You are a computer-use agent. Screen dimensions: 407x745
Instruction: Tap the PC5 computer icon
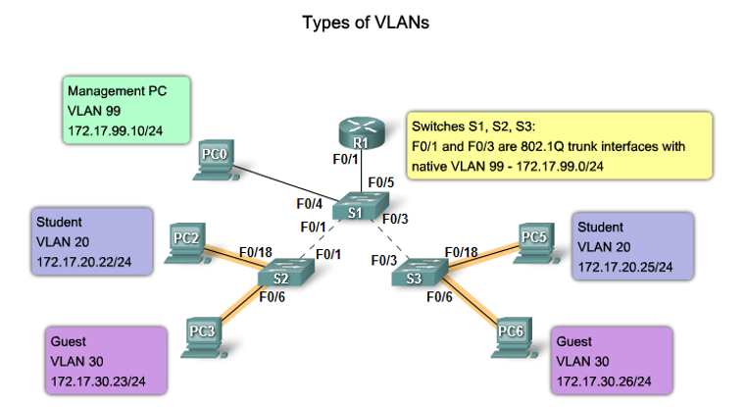coord(533,241)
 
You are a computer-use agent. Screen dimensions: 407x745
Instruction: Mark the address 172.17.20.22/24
coord(83,262)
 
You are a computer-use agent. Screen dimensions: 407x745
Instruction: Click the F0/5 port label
coord(380,182)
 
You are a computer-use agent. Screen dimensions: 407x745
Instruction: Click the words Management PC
coord(117,91)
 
